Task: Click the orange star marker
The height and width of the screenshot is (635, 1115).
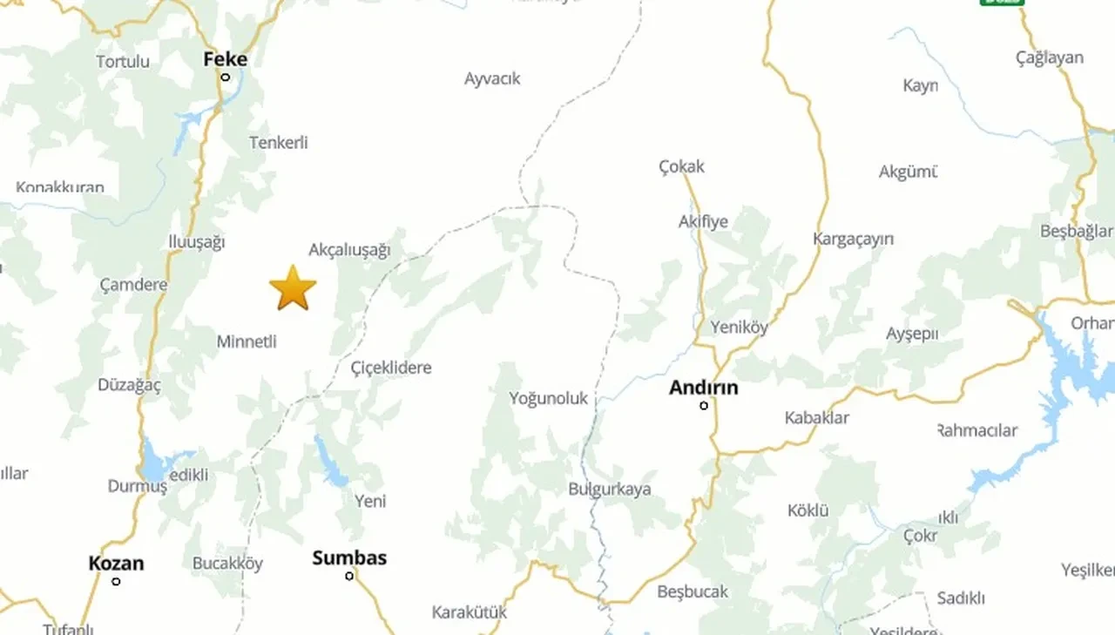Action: point(293,288)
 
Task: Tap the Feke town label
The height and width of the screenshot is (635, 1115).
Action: point(225,59)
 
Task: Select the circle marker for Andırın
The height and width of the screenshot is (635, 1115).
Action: point(704,405)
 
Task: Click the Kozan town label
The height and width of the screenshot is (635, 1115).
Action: point(116,564)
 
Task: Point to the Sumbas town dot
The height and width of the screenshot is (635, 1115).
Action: point(349,576)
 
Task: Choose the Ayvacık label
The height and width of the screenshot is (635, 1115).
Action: point(492,78)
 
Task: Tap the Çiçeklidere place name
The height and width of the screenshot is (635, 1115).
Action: point(391,368)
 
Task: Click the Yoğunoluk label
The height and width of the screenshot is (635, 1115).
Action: point(549,399)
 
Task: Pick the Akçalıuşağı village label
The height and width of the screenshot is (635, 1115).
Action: point(349,250)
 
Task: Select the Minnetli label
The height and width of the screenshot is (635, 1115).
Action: point(247,341)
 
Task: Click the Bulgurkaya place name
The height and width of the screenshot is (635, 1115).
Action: point(610,489)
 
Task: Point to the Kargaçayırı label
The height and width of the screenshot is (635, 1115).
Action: point(853,239)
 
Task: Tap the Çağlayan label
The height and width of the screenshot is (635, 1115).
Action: point(1050,57)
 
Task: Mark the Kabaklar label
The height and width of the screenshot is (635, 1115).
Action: point(816,417)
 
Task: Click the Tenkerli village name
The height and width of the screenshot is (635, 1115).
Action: point(279,142)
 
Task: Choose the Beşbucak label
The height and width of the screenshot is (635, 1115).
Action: point(693,591)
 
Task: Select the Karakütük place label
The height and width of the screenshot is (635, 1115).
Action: point(469,612)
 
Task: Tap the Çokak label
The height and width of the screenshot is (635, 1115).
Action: point(681,166)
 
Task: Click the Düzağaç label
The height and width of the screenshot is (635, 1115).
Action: point(129,385)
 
